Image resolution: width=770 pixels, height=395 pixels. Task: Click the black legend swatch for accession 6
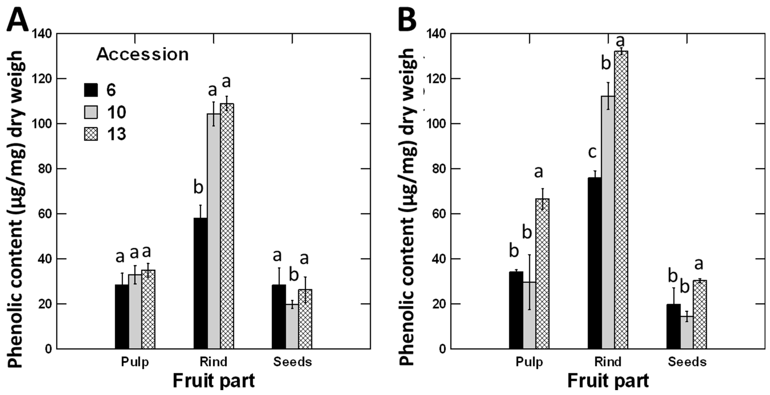[x=91, y=90]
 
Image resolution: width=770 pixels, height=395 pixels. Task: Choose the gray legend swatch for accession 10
[x=91, y=112]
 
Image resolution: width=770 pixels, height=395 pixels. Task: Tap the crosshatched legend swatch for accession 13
[x=91, y=134]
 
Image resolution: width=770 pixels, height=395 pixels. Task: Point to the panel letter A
[x=17, y=20]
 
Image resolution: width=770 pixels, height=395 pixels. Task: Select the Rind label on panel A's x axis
[x=213, y=362]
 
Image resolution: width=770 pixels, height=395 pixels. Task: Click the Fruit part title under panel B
[x=608, y=381]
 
